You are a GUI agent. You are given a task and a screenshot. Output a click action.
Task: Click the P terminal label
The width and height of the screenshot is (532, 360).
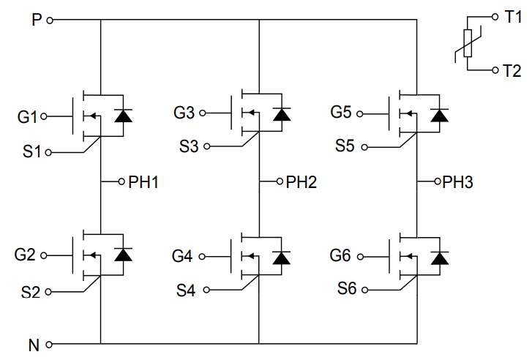coord(36,20)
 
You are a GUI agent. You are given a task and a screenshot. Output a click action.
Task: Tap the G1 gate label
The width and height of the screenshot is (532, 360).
coord(27,116)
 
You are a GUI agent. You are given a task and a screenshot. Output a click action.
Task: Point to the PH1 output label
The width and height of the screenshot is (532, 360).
coord(144,181)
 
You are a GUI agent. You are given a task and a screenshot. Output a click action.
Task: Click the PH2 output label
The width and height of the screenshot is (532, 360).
coord(301,181)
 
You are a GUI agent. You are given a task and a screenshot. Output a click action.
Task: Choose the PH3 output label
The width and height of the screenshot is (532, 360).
coord(458,181)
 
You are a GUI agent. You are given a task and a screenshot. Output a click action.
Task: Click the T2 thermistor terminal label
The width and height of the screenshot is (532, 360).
coord(512,70)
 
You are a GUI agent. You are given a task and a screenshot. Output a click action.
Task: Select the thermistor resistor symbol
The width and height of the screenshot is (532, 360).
coord(467,44)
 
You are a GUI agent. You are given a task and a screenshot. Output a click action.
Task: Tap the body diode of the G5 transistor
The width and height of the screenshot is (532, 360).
coord(439,113)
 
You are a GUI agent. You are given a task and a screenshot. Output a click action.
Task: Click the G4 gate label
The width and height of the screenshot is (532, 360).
coord(183,257)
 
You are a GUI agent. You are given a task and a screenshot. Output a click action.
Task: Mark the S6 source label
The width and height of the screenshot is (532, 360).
coord(347,289)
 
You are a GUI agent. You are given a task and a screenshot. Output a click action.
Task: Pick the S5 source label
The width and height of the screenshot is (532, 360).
coord(345,146)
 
